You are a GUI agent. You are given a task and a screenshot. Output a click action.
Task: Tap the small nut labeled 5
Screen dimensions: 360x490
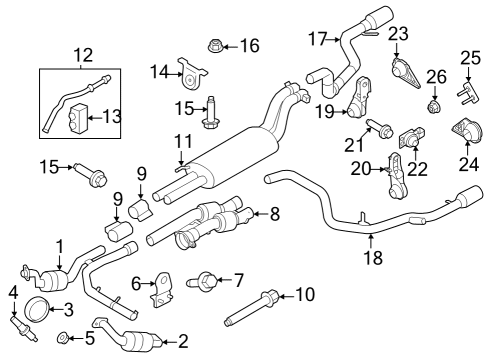pos(62,337)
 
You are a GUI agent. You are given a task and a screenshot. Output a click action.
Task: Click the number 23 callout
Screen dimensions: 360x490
pos(399,33)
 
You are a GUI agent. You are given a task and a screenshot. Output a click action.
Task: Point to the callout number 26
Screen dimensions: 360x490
pos(435,76)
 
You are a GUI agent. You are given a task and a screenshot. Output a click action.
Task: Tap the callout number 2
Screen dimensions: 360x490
pos(154,342)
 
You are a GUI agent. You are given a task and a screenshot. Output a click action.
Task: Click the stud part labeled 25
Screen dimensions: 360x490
pos(467,91)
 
